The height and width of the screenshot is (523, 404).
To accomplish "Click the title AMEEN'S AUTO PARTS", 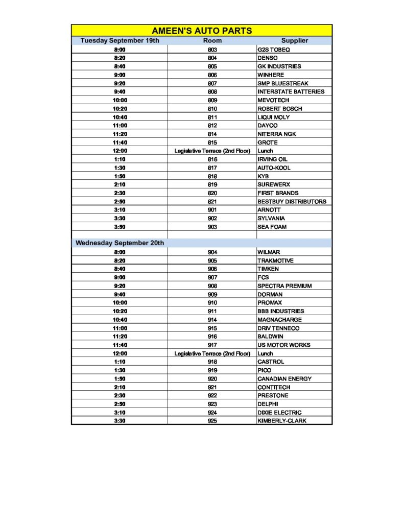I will coord(202,31).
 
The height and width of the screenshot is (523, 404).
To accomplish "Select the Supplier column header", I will coord(294,40).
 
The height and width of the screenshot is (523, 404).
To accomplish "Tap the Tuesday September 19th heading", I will coord(120,40).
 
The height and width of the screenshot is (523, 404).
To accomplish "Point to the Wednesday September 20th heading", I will coord(120,243).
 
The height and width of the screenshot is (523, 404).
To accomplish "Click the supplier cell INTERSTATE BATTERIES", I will coord(291,92).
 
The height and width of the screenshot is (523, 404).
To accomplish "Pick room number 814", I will coord(212,134).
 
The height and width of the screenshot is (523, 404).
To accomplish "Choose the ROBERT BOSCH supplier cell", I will coord(280,109).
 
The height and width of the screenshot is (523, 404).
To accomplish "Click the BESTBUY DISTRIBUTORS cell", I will coord(292,201).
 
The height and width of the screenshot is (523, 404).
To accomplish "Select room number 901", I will coord(212,210).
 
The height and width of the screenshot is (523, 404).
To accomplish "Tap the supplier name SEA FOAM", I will coord(272,227).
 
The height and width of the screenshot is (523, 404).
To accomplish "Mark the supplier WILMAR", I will coord(269,252).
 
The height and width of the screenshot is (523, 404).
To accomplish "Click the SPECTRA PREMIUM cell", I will coord(284,286).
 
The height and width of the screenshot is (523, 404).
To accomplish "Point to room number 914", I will coord(212,320).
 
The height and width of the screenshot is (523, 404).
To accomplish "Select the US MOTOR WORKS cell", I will coord(283,345).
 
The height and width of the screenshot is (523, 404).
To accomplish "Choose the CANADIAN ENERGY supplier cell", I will coord(284,378).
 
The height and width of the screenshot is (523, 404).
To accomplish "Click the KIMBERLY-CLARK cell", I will coord(282,421).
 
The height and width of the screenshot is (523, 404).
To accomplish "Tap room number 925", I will coord(212,421).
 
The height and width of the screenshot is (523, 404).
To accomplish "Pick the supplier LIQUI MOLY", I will coord(274,117).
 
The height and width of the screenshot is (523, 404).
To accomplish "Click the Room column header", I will coord(212,40).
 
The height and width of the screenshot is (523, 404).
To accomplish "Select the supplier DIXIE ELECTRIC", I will coord(279,412).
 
